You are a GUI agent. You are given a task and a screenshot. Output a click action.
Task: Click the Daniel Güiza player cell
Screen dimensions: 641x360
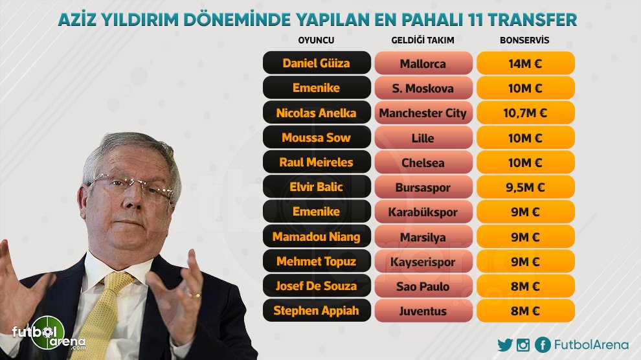[x=317, y=63]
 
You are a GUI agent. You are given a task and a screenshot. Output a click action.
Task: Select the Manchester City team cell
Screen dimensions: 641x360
[x=423, y=113]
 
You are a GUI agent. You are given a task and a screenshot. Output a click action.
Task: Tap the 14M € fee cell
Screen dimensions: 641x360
[x=526, y=63]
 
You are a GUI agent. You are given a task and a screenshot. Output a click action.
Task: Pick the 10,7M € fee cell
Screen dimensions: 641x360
[x=526, y=113]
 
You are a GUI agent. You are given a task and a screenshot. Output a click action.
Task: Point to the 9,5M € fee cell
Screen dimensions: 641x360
[x=526, y=187]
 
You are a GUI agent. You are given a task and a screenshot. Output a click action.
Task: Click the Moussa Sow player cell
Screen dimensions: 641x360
[x=317, y=137]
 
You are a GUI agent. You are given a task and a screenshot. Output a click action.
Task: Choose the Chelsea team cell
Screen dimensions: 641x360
[x=423, y=163]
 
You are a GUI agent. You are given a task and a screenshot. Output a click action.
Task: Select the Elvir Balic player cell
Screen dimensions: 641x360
[x=317, y=187]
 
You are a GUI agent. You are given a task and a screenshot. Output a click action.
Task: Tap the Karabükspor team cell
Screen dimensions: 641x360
[x=423, y=212]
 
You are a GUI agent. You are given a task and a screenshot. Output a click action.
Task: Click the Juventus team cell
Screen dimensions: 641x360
[x=423, y=311]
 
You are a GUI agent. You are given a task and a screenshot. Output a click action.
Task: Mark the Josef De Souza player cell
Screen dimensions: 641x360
[x=317, y=286]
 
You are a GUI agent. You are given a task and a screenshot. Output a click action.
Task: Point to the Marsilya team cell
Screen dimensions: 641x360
[x=423, y=236]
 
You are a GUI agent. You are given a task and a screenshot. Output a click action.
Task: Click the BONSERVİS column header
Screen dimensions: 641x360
[x=524, y=40]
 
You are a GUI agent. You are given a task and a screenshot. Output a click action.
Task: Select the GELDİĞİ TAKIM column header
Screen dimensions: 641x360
[x=423, y=40]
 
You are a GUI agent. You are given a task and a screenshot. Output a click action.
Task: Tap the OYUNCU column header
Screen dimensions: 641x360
[x=316, y=40]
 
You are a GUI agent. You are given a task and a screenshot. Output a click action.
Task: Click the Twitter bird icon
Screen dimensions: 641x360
[x=505, y=345]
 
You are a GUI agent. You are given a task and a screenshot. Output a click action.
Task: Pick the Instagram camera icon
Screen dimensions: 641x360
[x=523, y=345]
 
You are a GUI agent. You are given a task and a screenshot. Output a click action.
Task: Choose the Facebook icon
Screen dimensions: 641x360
[x=543, y=345]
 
